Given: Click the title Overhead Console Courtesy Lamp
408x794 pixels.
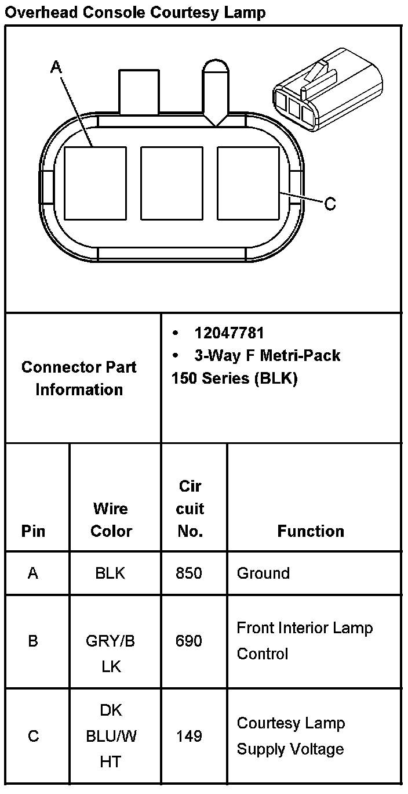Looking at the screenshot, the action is (135, 12).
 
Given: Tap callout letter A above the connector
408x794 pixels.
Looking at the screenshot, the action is (56, 67).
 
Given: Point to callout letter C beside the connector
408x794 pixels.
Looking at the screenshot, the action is (330, 204).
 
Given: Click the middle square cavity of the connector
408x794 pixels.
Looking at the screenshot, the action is (172, 183).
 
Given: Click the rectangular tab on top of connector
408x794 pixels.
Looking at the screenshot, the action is (139, 92).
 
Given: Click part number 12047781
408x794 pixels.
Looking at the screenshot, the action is (230, 333).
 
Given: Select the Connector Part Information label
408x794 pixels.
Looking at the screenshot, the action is (79, 378).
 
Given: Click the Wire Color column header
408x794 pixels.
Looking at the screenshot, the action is (111, 519).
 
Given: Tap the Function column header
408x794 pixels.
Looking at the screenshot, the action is (311, 530).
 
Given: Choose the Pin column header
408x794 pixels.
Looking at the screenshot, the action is (33, 531).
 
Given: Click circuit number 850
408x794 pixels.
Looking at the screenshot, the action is (190, 573).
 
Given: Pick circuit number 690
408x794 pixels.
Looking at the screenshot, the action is (190, 641).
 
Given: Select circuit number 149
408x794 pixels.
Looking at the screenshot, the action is (190, 736).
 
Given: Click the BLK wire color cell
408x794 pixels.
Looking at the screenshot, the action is (110, 573).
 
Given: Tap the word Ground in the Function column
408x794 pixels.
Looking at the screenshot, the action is (263, 573).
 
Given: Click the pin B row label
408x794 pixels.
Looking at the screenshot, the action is (33, 641).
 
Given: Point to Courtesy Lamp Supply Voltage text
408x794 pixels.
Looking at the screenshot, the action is (291, 736).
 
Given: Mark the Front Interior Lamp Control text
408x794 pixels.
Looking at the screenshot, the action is (305, 641).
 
